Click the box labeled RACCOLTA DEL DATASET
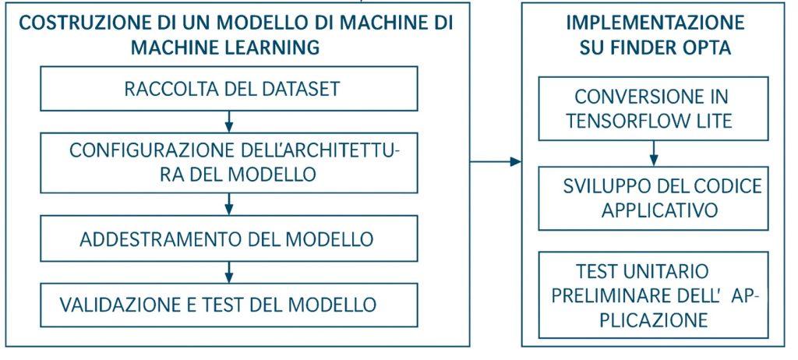(231, 89)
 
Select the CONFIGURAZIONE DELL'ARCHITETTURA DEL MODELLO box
(231, 162)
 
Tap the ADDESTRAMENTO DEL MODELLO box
(231, 237)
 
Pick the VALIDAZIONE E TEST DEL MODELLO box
(231, 303)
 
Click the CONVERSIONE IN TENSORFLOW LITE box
(653, 108)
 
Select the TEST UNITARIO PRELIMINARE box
(653, 295)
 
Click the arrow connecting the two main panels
(496, 161)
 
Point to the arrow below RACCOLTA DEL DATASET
(229, 121)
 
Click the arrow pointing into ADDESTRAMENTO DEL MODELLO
(229, 204)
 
